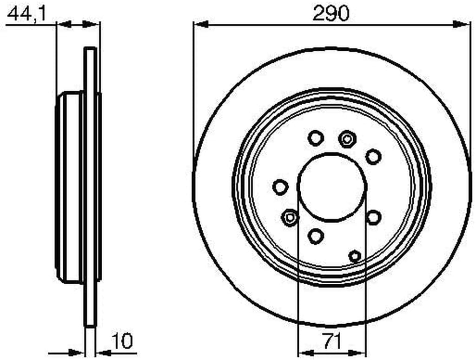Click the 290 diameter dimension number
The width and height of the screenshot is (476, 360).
pos(331,13)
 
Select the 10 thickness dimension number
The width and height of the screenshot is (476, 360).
pos(122,341)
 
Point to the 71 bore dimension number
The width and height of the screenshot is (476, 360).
pos(331,341)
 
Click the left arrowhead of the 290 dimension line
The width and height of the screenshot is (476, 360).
pos(201,24)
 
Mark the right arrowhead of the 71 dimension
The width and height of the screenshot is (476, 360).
pos(358,353)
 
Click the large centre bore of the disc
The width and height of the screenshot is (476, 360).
pos(332,187)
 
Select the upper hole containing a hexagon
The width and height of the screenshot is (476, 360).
pos(347,139)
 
